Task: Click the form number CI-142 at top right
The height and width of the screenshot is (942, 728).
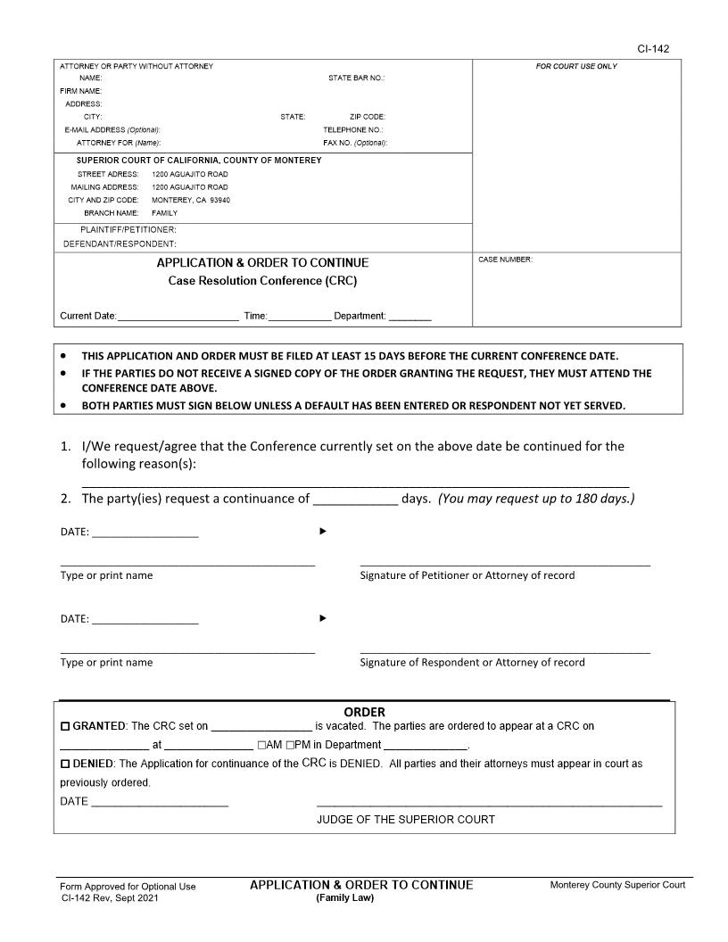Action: tap(654, 49)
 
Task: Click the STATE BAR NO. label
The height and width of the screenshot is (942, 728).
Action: tap(356, 78)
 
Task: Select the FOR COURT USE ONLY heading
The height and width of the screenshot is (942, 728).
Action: tap(576, 67)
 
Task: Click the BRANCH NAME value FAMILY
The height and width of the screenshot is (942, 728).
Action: tap(164, 213)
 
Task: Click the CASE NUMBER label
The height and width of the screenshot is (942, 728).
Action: tap(505, 260)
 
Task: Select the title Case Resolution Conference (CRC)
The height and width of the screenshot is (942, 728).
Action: tap(262, 281)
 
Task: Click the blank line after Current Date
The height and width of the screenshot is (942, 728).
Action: tap(178, 316)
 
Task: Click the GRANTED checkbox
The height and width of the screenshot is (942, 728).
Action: tap(64, 727)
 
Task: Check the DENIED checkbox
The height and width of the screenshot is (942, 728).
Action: tap(64, 764)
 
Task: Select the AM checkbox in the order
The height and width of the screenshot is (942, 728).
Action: tap(261, 746)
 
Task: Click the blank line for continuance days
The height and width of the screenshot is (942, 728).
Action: tap(354, 499)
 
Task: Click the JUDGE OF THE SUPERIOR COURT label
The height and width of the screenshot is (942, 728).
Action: tap(405, 819)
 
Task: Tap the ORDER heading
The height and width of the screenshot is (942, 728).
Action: tap(364, 712)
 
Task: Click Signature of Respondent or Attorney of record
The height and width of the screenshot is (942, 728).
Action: tap(472, 662)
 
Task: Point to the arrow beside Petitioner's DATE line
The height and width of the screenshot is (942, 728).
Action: tap(323, 532)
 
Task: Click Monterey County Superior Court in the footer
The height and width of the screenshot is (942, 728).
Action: tap(617, 885)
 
